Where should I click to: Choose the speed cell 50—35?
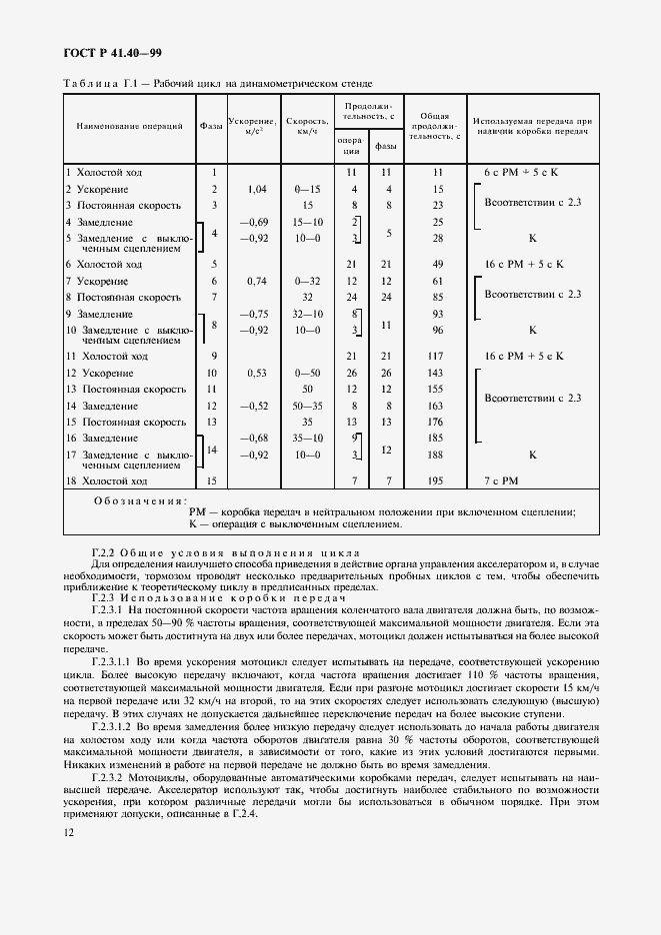point(307,407)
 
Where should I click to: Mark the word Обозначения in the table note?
point(139,500)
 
